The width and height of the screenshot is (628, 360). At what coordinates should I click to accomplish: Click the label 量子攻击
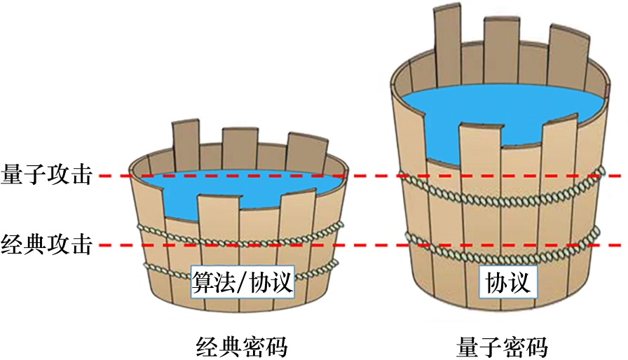click(47, 175)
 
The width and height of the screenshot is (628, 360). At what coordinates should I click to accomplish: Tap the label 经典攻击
click(47, 245)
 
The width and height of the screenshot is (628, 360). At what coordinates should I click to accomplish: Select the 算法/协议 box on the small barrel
click(241, 284)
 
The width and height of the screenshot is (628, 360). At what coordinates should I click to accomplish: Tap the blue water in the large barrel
click(491, 112)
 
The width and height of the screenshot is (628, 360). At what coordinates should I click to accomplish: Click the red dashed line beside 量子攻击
click(371, 176)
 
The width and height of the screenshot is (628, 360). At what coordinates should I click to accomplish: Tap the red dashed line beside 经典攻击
click(371, 245)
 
